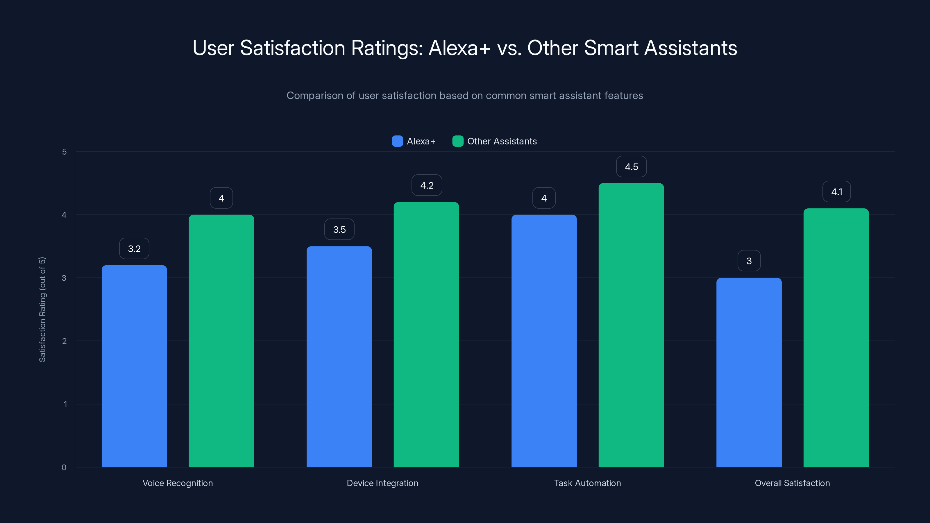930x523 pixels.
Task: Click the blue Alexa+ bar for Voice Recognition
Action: click(x=134, y=366)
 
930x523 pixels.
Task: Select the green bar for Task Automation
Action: click(x=631, y=325)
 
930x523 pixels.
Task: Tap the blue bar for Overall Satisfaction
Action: click(x=749, y=372)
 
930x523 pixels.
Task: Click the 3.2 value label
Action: click(x=134, y=249)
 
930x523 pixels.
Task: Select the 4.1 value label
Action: click(x=836, y=192)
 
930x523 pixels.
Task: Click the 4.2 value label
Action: click(x=426, y=186)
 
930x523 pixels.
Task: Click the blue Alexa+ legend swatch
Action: click(x=397, y=141)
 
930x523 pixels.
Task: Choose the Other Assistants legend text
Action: click(x=502, y=141)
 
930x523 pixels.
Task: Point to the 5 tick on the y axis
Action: click(x=64, y=152)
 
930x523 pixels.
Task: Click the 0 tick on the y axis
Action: click(x=64, y=468)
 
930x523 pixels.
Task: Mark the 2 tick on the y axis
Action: click(x=64, y=341)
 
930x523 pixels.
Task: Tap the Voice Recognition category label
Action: click(x=178, y=483)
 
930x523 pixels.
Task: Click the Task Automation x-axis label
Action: click(x=587, y=483)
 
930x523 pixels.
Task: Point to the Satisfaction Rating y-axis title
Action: click(x=42, y=309)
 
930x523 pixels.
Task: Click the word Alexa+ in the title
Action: click(x=459, y=48)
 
